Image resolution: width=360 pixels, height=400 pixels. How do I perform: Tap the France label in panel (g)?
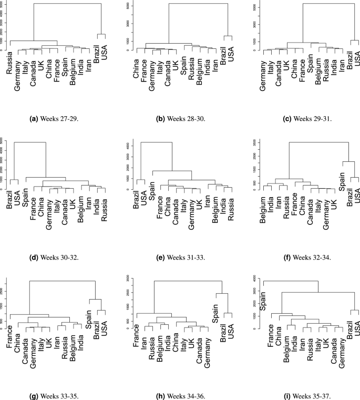(x=10, y=337)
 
